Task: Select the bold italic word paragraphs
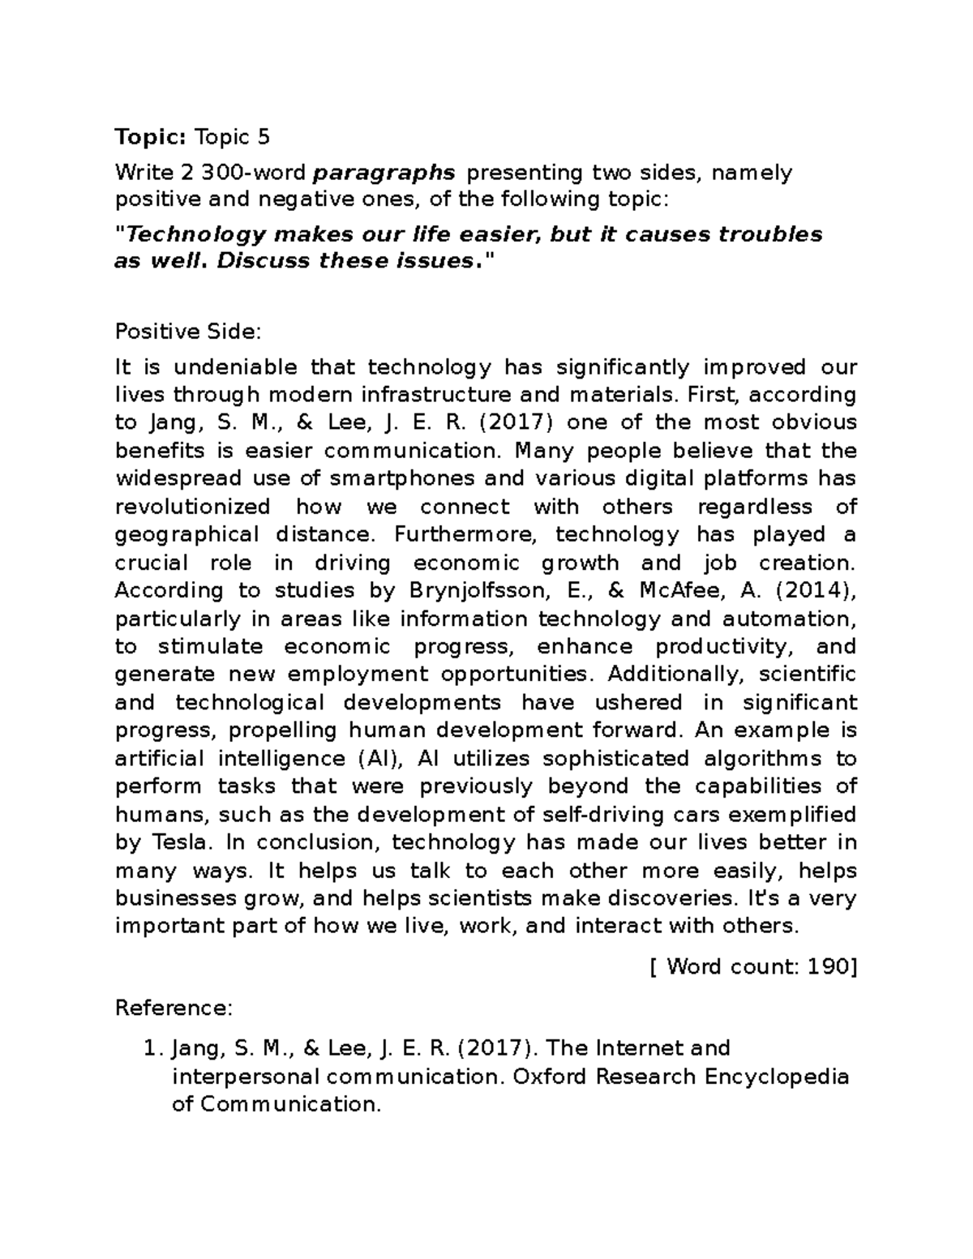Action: click(x=384, y=173)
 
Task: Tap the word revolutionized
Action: click(x=193, y=507)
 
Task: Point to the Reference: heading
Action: click(x=174, y=1008)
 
